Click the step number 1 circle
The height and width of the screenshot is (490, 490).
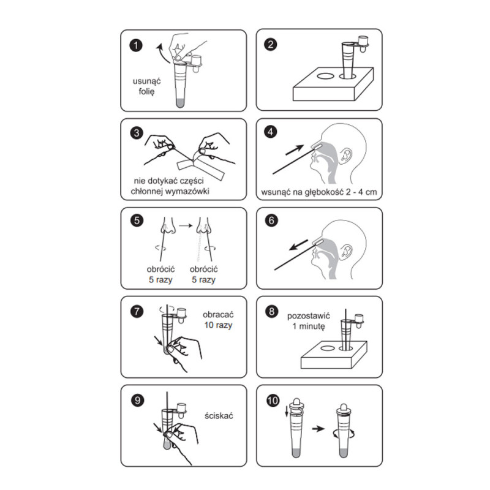pos(136,45)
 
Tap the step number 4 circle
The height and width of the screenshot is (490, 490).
pos(271,132)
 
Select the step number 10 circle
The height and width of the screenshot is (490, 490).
pos(273,401)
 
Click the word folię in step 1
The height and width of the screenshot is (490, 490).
pos(146,92)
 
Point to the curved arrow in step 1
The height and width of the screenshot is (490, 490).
pos(162,53)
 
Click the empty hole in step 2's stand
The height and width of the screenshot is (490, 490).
pos(326,76)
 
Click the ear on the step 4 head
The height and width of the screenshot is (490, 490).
pos(345,156)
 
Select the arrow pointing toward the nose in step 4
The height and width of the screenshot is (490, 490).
pos(295,149)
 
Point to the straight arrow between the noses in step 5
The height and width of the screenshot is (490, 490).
pos(186,225)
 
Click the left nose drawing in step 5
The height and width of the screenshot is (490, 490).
pos(168,226)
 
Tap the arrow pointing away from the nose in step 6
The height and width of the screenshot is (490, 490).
pos(298,245)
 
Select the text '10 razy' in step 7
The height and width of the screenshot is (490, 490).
pos(218,325)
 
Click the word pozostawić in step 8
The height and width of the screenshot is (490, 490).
pos(309,316)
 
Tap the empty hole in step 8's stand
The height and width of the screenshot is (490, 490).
pos(327,349)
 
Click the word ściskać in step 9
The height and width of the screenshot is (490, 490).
pos(219,416)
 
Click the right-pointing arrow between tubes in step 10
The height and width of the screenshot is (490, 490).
pos(318,428)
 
